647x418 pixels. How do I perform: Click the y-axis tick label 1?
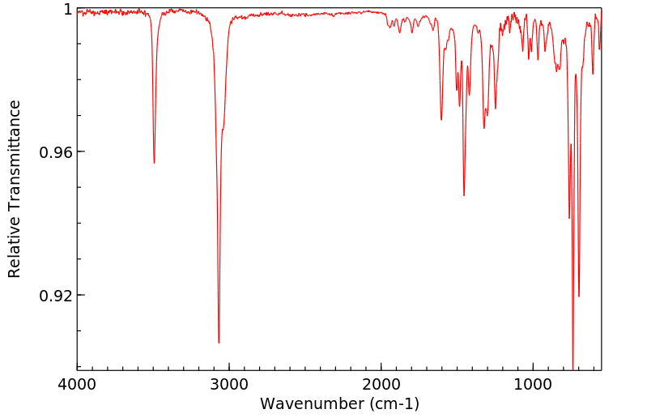(67, 10)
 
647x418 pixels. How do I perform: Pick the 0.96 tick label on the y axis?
(57, 152)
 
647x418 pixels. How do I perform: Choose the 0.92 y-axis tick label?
(57, 296)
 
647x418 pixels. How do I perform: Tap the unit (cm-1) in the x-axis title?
(394, 403)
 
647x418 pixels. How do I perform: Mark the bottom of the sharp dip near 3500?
(154, 163)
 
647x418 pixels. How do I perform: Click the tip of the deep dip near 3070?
(219, 343)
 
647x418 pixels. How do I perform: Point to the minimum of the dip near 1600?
(441, 120)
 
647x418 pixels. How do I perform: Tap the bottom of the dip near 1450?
(464, 195)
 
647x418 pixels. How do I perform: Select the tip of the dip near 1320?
(484, 128)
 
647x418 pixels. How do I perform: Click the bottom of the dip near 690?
(579, 296)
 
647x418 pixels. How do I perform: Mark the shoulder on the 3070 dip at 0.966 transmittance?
(222, 130)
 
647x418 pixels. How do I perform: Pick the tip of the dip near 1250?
(496, 109)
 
